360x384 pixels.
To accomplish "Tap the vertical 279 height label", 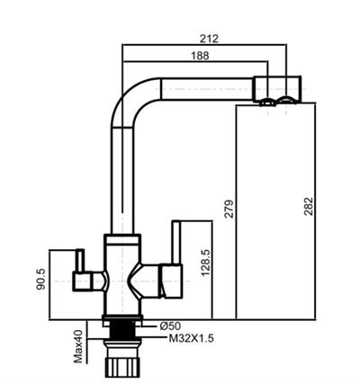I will tap(229, 210).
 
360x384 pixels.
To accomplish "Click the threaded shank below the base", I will tap(122, 340).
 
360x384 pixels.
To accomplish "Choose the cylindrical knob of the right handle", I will tap(168, 279).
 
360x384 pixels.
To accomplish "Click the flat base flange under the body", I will tap(122, 319).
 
